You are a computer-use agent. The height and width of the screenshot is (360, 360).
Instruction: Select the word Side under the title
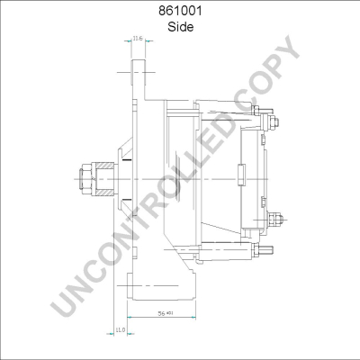(x=179, y=28)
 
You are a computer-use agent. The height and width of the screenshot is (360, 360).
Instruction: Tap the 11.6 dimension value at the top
(x=137, y=39)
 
